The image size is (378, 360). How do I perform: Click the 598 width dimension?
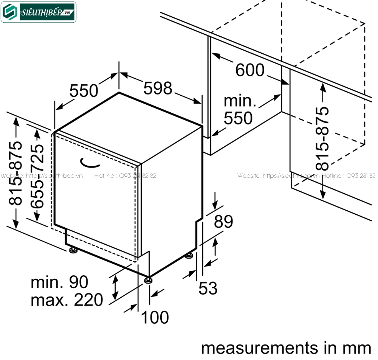[158, 88]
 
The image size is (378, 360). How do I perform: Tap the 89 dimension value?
[223, 222]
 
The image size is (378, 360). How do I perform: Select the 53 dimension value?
[208, 289]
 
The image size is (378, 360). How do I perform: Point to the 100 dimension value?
[155, 318]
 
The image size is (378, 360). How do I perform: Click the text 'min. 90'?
[59, 282]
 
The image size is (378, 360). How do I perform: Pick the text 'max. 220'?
[67, 300]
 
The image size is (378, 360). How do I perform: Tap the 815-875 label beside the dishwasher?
[16, 173]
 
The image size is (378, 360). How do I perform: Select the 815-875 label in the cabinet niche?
[322, 138]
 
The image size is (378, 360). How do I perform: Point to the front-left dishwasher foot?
[72, 250]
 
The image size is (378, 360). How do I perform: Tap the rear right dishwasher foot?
[189, 256]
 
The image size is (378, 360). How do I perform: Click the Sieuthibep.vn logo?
[39, 12]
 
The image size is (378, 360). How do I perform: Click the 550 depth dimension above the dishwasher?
[84, 90]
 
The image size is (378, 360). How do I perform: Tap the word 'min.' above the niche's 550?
[240, 101]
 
